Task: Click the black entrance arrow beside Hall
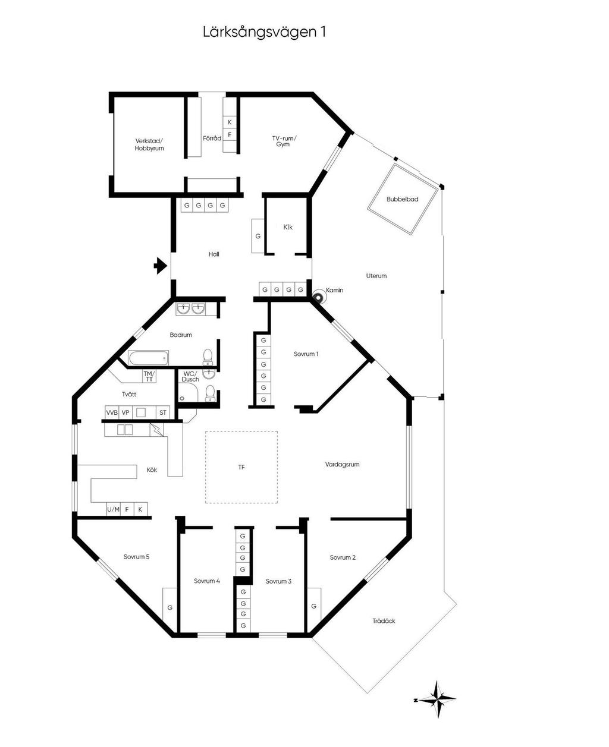[x=160, y=266]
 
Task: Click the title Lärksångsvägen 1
[x=264, y=32]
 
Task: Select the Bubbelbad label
[x=402, y=199]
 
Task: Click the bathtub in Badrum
[x=149, y=358]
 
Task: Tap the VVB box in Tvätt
[x=112, y=412]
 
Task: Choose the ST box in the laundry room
[x=163, y=412]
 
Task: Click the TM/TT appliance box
[x=149, y=376]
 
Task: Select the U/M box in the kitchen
[x=114, y=509]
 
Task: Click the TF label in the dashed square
[x=241, y=467]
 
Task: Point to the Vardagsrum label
[x=342, y=464]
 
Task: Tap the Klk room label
[x=288, y=227]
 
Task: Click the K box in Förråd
[x=230, y=122]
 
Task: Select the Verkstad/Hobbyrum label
[x=149, y=144]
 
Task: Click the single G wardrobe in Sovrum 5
[x=169, y=608]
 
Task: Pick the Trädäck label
[x=384, y=621]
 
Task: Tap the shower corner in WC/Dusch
[x=188, y=392]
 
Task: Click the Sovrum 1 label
[x=306, y=354]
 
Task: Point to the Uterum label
[x=376, y=276]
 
